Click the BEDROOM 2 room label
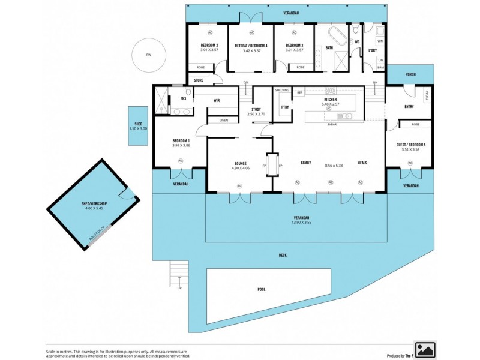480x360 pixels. [x=209, y=46]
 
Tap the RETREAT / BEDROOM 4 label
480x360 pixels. [x=251, y=46]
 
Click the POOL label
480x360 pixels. [x=262, y=289]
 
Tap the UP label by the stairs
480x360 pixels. [x=179, y=289]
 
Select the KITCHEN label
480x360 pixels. [x=330, y=99]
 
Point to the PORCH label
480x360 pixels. [x=410, y=75]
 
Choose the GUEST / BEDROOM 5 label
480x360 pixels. [x=410, y=145]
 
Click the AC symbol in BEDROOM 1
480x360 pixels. [x=181, y=160]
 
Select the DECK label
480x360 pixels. [x=282, y=256]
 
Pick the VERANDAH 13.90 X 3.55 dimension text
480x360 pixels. [x=301, y=223]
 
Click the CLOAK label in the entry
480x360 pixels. [x=427, y=95]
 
